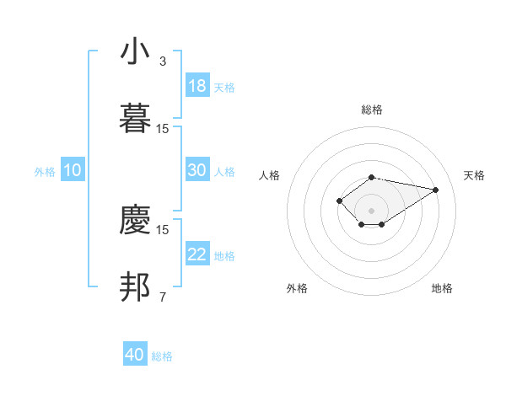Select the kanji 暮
pos(135,118)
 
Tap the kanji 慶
pos(135,219)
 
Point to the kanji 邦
pos(135,286)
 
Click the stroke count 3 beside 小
pos(163,62)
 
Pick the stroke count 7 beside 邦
pos(163,297)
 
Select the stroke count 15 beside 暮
pos(163,128)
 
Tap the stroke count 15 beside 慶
pos(163,229)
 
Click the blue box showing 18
pos(197,86)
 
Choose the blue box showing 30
pos(197,170)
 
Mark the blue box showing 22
pos(197,254)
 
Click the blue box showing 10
pos(73,170)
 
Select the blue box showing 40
pos(135,355)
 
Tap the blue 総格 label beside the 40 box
pos(163,356)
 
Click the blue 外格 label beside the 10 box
pos(45,171)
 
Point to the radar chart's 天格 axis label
pos(474,175)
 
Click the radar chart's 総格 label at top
pos(372,110)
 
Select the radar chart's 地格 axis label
pos(442,288)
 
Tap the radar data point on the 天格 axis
pos(436,190)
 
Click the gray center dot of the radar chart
pos(372,210)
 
